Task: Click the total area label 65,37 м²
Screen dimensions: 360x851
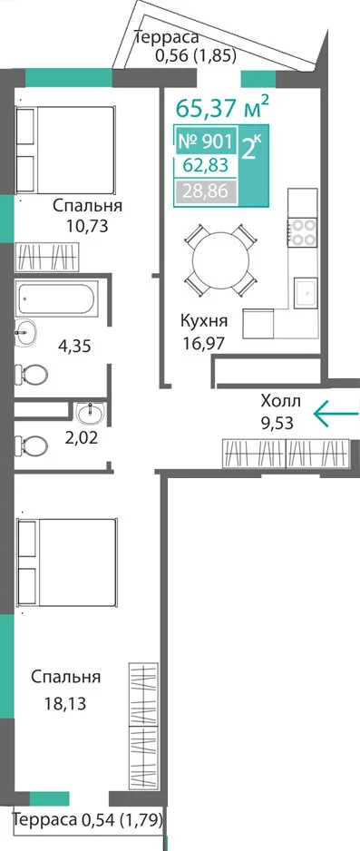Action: tap(222, 107)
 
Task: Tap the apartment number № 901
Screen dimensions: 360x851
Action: tap(206, 142)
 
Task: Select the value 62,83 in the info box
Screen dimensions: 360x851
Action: tap(205, 165)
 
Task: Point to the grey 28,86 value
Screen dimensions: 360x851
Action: tap(205, 191)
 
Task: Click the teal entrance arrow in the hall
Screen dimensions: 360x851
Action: tap(336, 414)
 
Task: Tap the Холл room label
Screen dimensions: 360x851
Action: tap(280, 402)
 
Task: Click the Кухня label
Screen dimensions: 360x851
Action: tap(204, 321)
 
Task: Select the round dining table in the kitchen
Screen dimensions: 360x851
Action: tap(220, 261)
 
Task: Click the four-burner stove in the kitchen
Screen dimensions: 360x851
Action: tap(303, 231)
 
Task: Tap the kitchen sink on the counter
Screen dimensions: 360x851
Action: tap(306, 292)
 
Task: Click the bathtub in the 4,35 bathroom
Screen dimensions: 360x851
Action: tap(57, 298)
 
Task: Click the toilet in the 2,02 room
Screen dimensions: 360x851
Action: tap(31, 446)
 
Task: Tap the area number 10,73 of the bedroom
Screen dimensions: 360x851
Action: tap(87, 225)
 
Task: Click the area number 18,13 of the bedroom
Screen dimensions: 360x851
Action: tap(65, 703)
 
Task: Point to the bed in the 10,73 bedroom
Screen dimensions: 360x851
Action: tap(65, 150)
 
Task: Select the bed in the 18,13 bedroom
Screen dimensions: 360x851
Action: tap(66, 563)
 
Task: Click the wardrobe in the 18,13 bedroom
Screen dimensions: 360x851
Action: tap(143, 726)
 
